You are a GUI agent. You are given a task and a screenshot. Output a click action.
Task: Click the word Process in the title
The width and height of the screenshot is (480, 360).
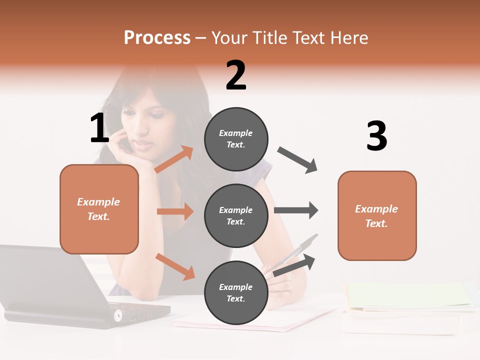[x=157, y=38]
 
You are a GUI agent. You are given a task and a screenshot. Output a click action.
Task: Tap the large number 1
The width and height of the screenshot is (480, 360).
[x=99, y=128]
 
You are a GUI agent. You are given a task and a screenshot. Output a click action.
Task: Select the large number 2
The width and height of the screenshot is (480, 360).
[x=236, y=75]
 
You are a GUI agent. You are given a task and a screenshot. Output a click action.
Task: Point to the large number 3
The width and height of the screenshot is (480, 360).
[x=376, y=136]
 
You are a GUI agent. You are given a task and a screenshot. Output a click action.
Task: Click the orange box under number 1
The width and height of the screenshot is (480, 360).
[x=99, y=209]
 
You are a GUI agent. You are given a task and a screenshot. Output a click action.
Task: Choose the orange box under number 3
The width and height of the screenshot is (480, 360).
[x=377, y=215]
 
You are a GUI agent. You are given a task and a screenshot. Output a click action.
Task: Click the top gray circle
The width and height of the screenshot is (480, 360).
[x=236, y=139]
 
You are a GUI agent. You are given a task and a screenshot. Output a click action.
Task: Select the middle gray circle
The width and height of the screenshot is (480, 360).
[x=236, y=215]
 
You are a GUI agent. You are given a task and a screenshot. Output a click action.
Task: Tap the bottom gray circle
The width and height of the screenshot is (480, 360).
[x=236, y=292]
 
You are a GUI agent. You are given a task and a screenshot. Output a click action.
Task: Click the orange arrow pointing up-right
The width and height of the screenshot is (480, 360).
[x=174, y=159]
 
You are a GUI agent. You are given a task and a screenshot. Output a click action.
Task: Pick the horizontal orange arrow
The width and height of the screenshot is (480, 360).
[x=175, y=211]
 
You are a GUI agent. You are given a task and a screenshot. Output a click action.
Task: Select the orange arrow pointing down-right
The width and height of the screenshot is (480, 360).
[x=175, y=266]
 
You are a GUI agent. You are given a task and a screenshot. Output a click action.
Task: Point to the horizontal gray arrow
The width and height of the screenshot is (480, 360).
[x=296, y=210]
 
